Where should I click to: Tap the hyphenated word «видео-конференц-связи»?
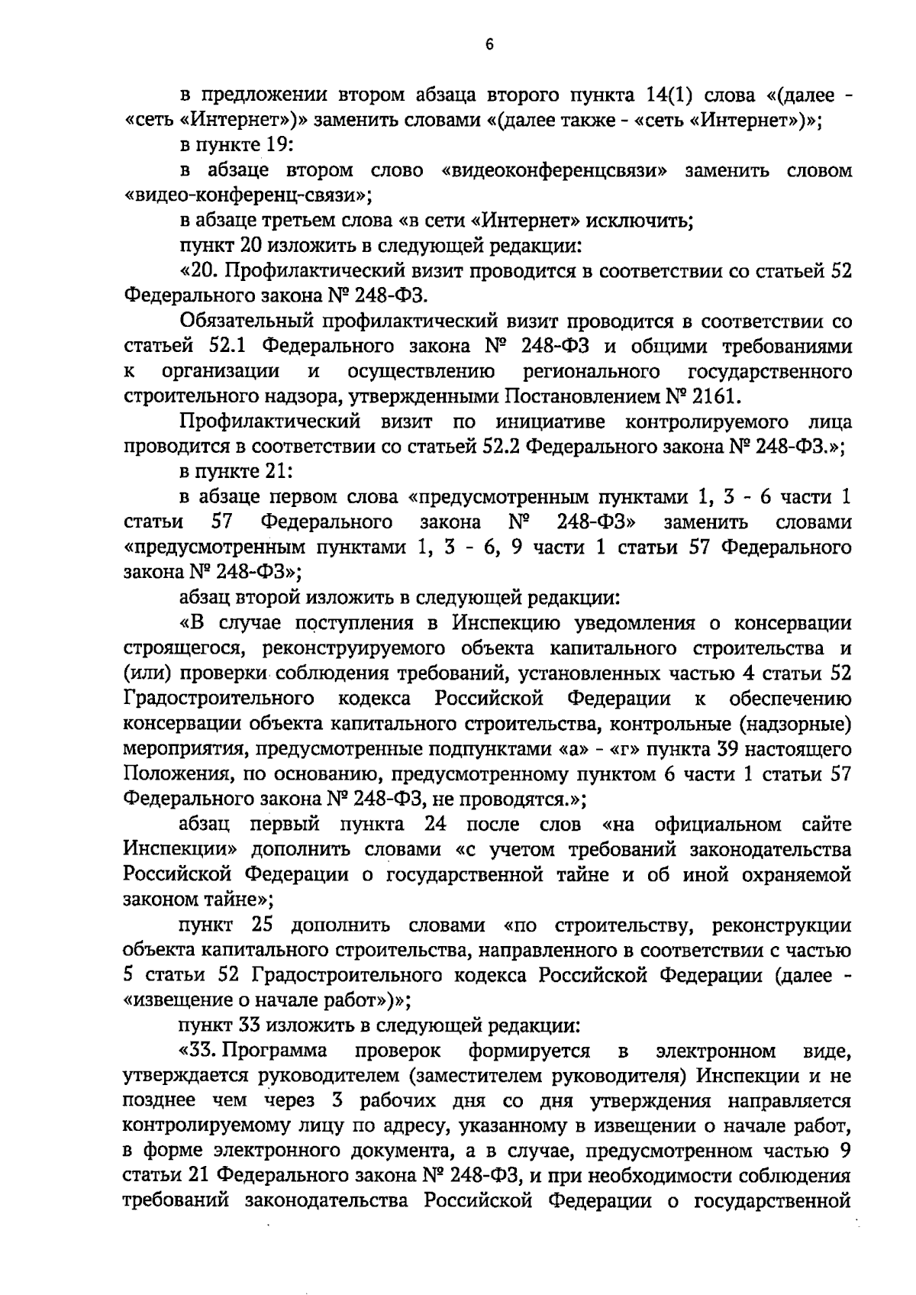pos(247,196)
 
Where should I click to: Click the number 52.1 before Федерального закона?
pos(227,347)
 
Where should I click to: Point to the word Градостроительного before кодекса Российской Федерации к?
pos(220,699)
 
